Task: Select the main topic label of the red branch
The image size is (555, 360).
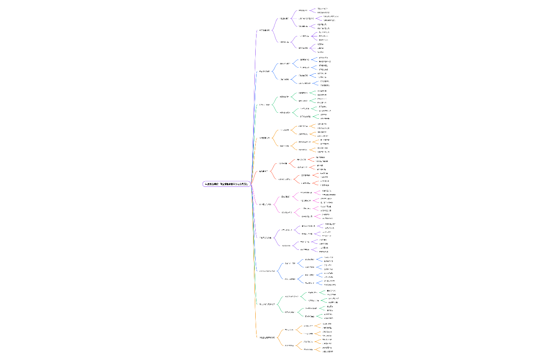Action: click(263, 171)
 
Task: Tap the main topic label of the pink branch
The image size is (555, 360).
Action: click(265, 204)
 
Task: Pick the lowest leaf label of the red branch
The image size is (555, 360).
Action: click(325, 185)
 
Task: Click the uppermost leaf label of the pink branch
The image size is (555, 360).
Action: click(326, 191)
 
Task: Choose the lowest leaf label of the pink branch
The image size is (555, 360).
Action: click(327, 218)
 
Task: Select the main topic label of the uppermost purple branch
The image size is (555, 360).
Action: click(264, 30)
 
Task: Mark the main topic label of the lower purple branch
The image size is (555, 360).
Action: click(265, 237)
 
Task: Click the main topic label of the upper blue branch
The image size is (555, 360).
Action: click(264, 72)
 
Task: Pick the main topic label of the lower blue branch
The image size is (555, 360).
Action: click(267, 271)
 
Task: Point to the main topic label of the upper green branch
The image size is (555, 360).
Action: click(264, 105)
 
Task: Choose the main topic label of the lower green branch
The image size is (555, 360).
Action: click(267, 304)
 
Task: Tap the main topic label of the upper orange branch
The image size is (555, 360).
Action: click(264, 138)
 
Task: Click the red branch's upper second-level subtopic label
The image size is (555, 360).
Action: click(283, 163)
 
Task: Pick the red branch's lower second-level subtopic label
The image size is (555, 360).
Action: click(284, 179)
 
